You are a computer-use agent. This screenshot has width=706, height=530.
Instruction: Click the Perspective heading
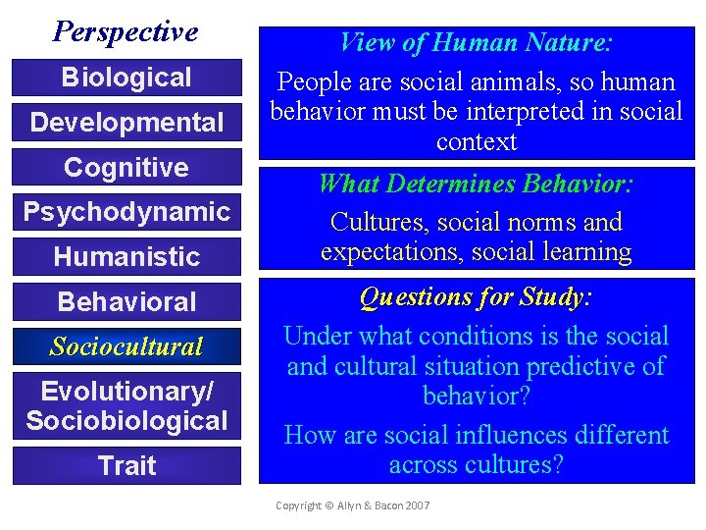(x=126, y=31)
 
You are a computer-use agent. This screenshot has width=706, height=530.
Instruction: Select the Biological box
(x=126, y=78)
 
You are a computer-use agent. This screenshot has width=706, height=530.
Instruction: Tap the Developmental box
(x=126, y=123)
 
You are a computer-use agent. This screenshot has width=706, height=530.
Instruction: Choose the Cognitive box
(x=126, y=168)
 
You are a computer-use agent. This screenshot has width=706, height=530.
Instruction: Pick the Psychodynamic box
(x=126, y=212)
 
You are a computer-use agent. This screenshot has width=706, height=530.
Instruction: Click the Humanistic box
(x=126, y=257)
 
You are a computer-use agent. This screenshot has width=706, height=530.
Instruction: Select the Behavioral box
(x=126, y=302)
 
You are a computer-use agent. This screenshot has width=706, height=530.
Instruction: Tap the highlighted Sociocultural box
(x=126, y=346)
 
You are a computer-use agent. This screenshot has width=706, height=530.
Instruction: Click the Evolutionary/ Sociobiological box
(x=126, y=406)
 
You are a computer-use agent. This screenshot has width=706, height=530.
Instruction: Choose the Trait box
(x=126, y=465)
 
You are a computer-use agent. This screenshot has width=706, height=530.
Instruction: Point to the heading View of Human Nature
(x=476, y=43)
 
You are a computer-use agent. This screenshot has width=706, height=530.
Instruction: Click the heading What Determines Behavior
(x=476, y=184)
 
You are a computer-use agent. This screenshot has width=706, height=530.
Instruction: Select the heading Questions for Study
(x=476, y=296)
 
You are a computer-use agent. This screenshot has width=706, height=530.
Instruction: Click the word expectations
(x=390, y=252)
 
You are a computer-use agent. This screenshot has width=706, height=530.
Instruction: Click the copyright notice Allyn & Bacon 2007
(x=352, y=505)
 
